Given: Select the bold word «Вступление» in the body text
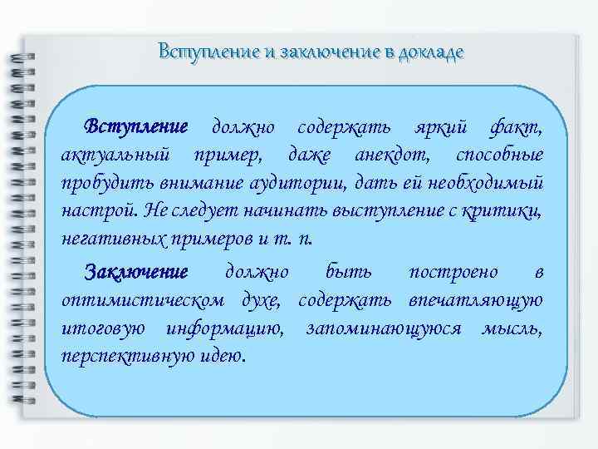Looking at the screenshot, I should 138,127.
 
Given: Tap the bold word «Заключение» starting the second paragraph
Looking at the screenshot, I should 136,272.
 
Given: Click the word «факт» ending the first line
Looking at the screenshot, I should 517,128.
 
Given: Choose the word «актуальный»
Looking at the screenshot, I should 117,155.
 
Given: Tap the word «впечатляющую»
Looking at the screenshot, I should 476,299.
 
